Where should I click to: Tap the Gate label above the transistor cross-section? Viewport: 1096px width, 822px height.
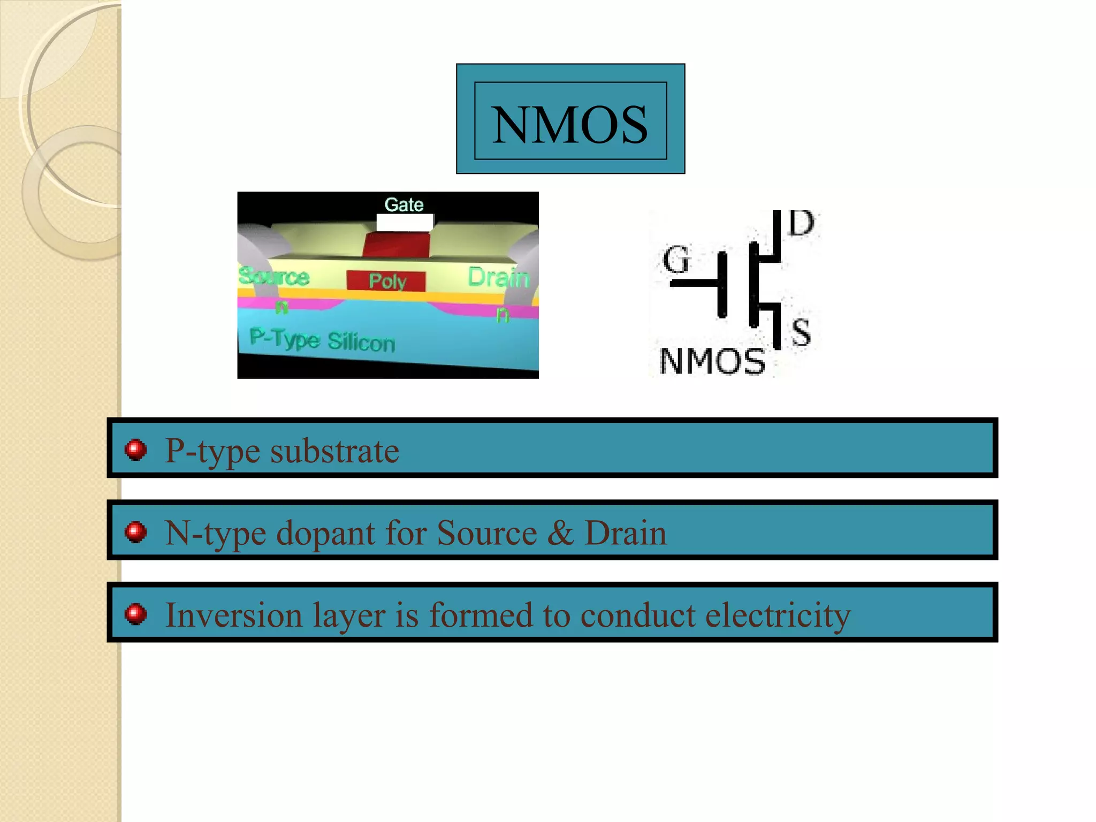pos(404,204)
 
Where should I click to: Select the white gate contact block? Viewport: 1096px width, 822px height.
pos(405,222)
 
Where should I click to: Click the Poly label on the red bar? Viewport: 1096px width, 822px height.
pos(387,281)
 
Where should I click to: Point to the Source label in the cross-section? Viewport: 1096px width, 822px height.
pos(274,277)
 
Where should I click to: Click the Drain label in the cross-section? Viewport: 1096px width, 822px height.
pos(498,277)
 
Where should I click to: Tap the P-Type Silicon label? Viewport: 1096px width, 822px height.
pos(322,340)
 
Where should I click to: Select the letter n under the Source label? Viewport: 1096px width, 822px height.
pos(281,307)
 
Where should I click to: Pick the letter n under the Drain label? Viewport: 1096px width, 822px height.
pos(502,314)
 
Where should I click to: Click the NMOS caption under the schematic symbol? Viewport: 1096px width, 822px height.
pos(712,361)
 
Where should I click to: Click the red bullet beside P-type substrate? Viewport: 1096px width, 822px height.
pos(135,450)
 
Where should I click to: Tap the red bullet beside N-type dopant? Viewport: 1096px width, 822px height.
pos(135,532)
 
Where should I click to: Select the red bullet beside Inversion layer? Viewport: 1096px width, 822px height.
pos(135,614)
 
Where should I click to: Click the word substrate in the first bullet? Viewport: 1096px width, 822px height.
pos(334,451)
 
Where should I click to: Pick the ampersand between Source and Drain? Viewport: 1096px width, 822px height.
pos(560,533)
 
